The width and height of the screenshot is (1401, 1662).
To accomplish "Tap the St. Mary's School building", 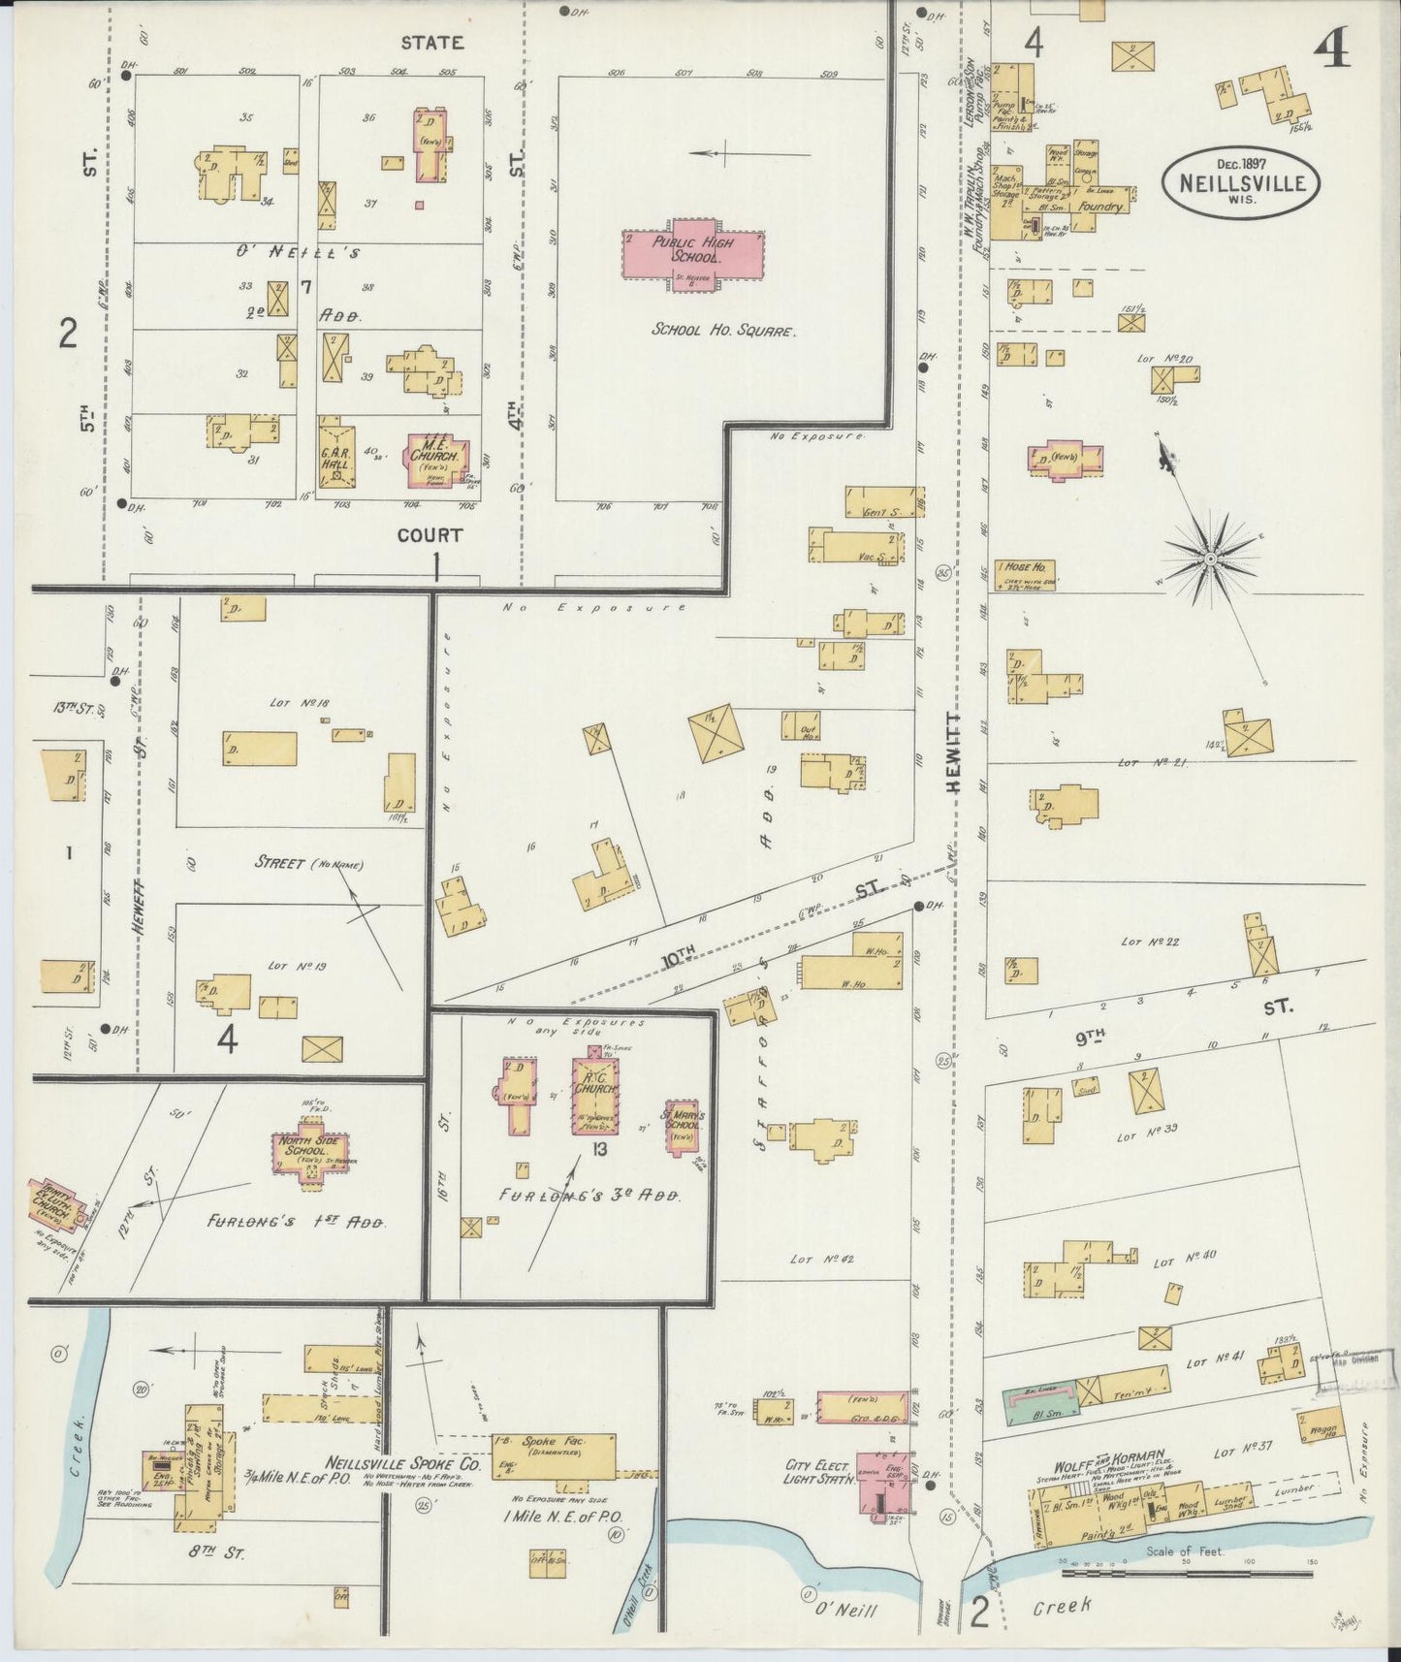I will [x=683, y=1125].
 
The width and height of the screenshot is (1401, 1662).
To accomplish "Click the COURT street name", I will [x=428, y=534].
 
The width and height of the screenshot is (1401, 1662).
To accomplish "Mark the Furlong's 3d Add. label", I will [x=589, y=1197].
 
